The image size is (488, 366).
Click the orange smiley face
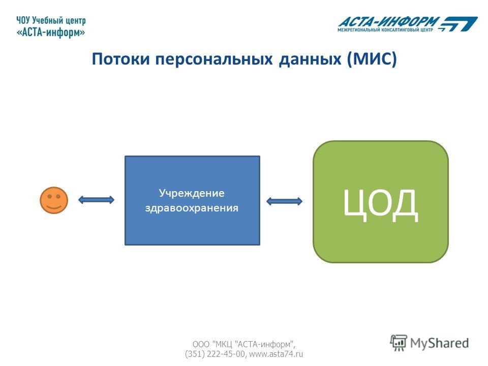tap(54, 200)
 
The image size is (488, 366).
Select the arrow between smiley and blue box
tap(96, 200)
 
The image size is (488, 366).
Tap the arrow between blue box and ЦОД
tap(285, 201)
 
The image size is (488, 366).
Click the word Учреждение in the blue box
tap(192, 193)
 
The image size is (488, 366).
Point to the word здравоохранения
tap(192, 208)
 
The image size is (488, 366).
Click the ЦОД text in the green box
tap(380, 205)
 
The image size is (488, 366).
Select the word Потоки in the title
tap(121, 59)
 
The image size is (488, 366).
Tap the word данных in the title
tap(310, 59)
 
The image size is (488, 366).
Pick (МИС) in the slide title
tap(372, 59)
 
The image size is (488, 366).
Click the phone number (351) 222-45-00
tap(215, 354)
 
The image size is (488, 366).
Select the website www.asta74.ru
tap(276, 354)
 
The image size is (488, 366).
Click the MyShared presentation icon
tap(399, 343)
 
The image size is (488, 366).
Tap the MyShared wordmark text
tap(439, 343)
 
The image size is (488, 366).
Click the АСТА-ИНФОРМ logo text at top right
tap(389, 22)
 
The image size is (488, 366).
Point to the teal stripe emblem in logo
tap(457, 24)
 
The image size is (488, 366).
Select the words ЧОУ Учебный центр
tap(51, 20)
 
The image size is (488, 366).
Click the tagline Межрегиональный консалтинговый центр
tap(385, 30)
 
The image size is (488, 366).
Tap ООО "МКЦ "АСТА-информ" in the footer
tap(244, 344)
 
